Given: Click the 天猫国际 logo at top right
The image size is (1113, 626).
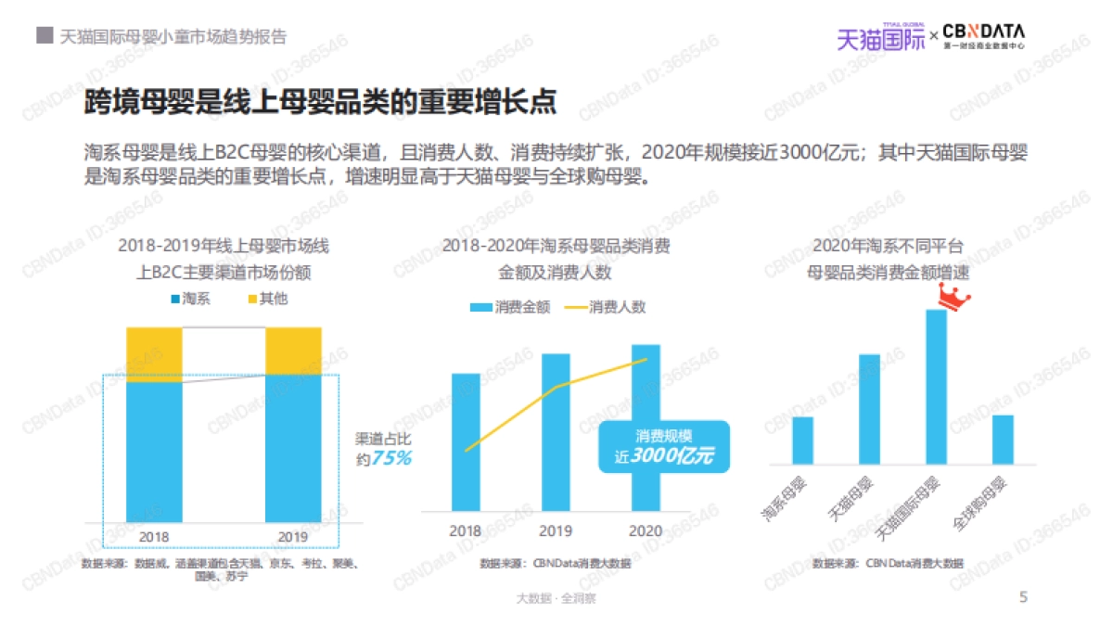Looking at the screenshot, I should [880, 37].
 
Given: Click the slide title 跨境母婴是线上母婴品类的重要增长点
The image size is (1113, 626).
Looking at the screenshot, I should [320, 102].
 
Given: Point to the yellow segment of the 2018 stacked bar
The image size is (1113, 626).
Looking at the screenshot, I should [154, 354].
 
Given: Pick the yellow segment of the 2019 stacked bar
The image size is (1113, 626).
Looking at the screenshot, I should [293, 351].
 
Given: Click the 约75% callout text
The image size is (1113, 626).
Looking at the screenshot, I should [383, 450].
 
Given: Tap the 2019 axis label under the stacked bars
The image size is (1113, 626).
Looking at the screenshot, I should [293, 536].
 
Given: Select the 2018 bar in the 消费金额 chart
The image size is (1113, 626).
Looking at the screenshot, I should [466, 441].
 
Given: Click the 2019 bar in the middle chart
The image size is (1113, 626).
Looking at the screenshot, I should [556, 431].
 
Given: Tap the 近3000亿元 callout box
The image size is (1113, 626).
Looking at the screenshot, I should [663, 447].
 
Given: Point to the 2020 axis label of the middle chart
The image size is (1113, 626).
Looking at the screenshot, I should [646, 531].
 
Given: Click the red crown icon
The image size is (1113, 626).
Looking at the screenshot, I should [953, 297].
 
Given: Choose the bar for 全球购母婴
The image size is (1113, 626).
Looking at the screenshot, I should [1003, 439].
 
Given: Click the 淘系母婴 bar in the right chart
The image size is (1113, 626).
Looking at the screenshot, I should [802, 441].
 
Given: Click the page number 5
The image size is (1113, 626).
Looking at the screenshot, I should [1023, 597].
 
